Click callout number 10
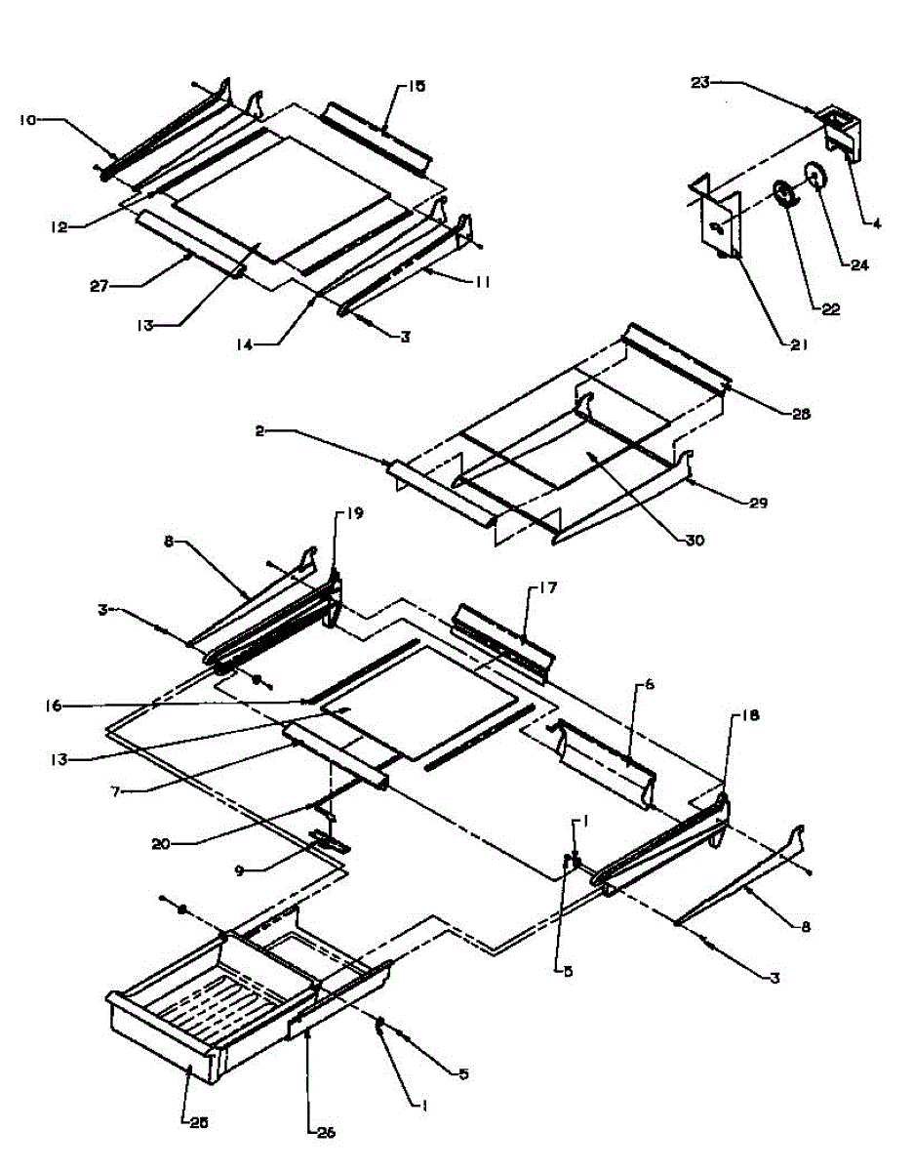point(26,120)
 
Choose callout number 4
point(875,223)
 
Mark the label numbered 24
point(859,263)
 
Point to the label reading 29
point(758,504)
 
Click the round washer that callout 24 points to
point(814,178)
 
